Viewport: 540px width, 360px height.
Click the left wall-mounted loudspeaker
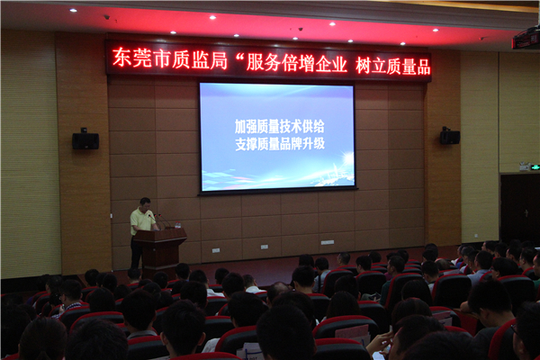(85, 139)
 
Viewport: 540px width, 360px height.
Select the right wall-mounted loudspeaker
(450, 136)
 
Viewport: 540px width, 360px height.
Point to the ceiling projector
(526, 39)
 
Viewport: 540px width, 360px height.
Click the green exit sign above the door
(535, 167)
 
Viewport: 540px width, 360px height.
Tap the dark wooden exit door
(520, 210)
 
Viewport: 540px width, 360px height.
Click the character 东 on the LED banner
(122, 58)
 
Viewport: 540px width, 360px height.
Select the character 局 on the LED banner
(219, 60)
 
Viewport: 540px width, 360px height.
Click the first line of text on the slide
(279, 127)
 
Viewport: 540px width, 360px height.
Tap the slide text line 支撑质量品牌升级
(280, 144)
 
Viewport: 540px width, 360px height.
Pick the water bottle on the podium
(177, 225)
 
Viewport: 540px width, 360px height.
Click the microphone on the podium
(153, 219)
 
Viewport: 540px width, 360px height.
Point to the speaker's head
(145, 203)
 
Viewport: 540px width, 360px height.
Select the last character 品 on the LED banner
(423, 67)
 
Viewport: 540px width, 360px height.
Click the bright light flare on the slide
(347, 159)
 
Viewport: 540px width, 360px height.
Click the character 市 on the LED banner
(162, 58)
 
